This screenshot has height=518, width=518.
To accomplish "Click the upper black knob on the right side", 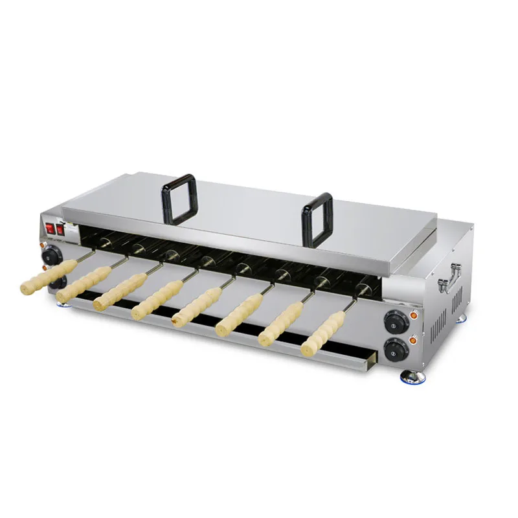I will point(394,321).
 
